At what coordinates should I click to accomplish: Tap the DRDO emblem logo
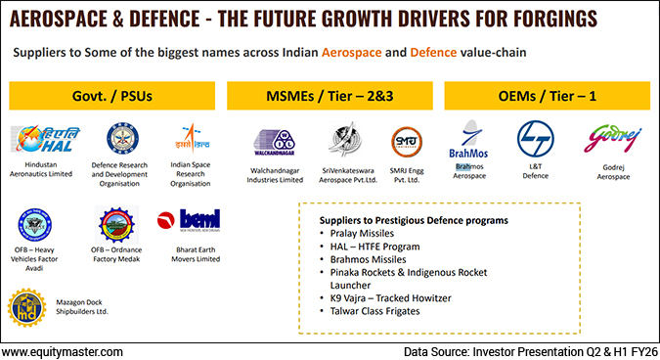tap(123, 141)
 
